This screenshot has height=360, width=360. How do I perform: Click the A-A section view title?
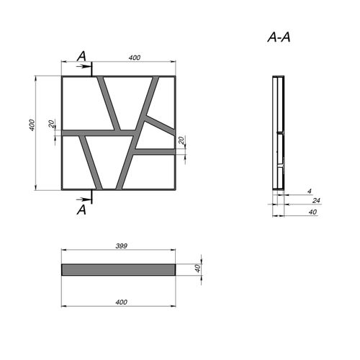tap(279, 37)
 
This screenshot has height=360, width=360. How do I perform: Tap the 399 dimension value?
tap(122, 246)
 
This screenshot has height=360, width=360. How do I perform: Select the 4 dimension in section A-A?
tap(310, 191)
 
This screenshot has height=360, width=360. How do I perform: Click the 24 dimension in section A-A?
tap(316, 200)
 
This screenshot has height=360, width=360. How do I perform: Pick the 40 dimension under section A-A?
tap(312, 212)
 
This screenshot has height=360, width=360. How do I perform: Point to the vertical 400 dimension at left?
tap(32, 125)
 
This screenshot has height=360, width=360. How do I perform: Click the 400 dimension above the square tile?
tap(135, 58)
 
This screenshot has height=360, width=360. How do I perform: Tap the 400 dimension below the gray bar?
tap(121, 302)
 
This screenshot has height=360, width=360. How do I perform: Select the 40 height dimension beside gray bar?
tap(197, 269)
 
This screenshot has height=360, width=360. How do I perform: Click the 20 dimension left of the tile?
tap(51, 124)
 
